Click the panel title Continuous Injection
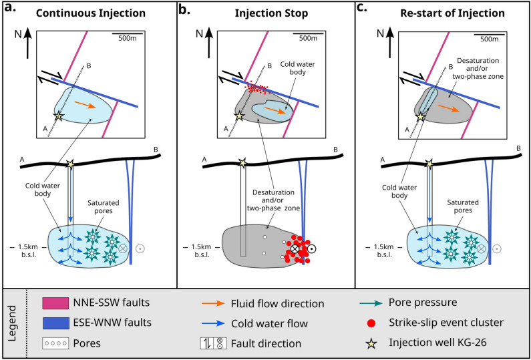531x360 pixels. (x=91, y=13)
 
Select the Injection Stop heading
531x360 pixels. (x=266, y=13)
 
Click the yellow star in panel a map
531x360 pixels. (x=59, y=116)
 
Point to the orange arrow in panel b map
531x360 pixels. (x=274, y=110)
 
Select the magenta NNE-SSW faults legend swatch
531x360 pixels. (x=55, y=303)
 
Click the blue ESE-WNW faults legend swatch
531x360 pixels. (x=55, y=323)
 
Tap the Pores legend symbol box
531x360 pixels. (x=55, y=344)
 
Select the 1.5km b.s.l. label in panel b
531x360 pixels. (x=201, y=250)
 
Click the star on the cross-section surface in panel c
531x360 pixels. (x=429, y=164)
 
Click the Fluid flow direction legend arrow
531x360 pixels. (x=214, y=303)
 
